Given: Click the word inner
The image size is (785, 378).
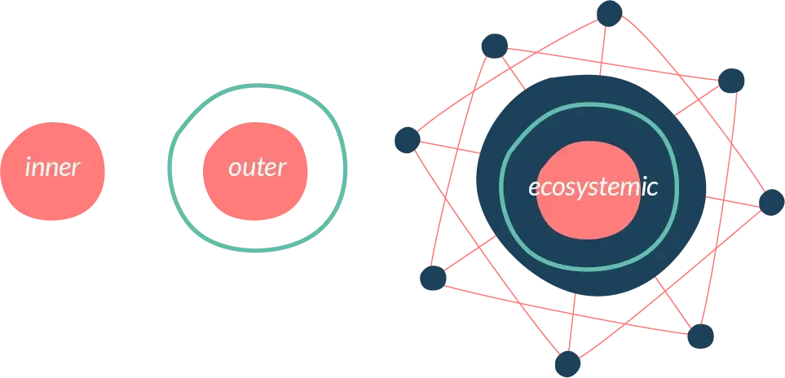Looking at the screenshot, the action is coord(52,168).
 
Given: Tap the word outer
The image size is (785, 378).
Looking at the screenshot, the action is coord(258,168).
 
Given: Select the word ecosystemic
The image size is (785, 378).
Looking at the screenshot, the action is coord(593,188).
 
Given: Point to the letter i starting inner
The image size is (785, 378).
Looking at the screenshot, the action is coord(28,168).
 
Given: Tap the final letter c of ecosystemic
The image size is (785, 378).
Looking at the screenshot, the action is coord(652,189).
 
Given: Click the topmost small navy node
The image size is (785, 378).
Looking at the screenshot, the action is coord(609,14).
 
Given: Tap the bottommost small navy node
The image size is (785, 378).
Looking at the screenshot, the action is coord(567,363).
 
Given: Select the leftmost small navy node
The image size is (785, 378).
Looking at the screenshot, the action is coord(408,140).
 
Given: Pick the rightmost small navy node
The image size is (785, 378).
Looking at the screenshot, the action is coord(771,203).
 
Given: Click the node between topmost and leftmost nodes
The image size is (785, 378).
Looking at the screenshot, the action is coord(495,46).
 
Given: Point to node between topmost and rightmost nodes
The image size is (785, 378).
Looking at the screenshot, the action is coord(731,81).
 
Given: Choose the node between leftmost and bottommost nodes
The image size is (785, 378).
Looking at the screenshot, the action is coord(433,278).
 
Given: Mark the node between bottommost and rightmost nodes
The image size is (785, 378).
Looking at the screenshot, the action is coord(700,336).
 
